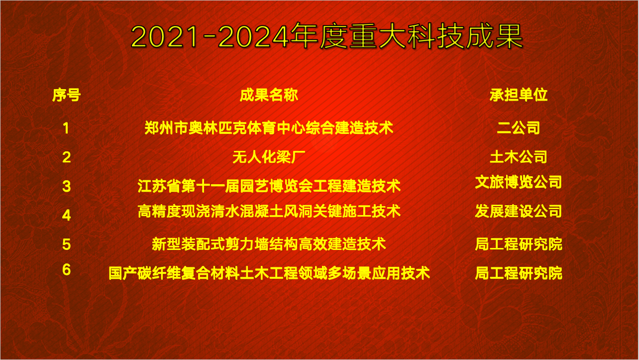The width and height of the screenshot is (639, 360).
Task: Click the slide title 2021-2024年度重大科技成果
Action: click(x=326, y=36)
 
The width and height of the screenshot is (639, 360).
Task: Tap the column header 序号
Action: click(x=67, y=95)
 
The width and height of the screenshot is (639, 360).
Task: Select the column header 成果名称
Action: click(x=269, y=95)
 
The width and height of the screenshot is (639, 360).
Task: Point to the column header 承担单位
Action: click(x=519, y=95)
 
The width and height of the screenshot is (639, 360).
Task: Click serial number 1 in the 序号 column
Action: click(x=66, y=128)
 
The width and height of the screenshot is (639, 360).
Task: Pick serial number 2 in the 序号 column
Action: click(x=67, y=157)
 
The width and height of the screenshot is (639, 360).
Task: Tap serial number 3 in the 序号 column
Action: click(x=67, y=186)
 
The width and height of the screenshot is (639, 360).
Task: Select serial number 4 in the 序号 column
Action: click(x=67, y=215)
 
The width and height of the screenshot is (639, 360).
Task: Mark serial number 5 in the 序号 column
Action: click(x=67, y=244)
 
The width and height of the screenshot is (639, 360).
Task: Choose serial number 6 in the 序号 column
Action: click(x=67, y=269)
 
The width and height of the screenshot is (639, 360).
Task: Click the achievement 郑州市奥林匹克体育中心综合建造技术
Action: click(x=269, y=127)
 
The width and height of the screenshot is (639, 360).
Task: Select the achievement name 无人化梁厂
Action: click(x=269, y=157)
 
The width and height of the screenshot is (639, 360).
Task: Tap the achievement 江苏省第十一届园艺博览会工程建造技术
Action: click(x=269, y=186)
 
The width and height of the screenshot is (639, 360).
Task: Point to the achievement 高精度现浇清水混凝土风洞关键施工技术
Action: click(x=269, y=211)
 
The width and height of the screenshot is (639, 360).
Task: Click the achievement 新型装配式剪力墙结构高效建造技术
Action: click(x=269, y=244)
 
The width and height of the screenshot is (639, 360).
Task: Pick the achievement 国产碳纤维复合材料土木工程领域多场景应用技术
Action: click(x=269, y=273)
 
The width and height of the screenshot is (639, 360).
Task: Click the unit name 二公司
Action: click(x=519, y=127)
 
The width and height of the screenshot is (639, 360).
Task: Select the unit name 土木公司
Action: click(x=519, y=157)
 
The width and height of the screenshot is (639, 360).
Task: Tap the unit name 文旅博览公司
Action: click(x=519, y=182)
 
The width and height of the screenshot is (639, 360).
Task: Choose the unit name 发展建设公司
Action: click(x=519, y=211)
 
